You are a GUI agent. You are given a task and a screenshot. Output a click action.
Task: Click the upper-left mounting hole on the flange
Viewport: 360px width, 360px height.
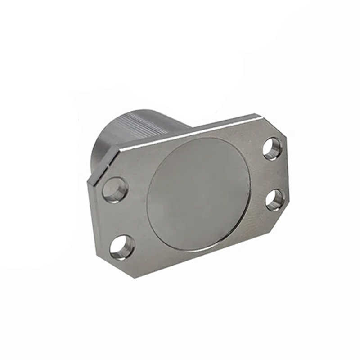tap(115, 189)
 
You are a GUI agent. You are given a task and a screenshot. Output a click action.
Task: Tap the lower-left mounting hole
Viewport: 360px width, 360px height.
tap(122, 247)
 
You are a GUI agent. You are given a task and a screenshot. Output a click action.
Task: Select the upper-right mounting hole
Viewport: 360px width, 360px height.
tap(272, 148)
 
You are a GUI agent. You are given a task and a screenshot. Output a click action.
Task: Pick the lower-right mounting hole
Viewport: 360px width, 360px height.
tap(274, 200)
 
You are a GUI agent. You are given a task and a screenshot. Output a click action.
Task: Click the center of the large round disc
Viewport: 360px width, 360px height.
tap(198, 194)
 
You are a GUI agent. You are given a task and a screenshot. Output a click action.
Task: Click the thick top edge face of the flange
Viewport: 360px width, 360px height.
tap(193, 130)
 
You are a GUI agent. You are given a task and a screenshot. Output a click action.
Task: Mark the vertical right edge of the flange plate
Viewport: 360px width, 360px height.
tap(286, 175)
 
